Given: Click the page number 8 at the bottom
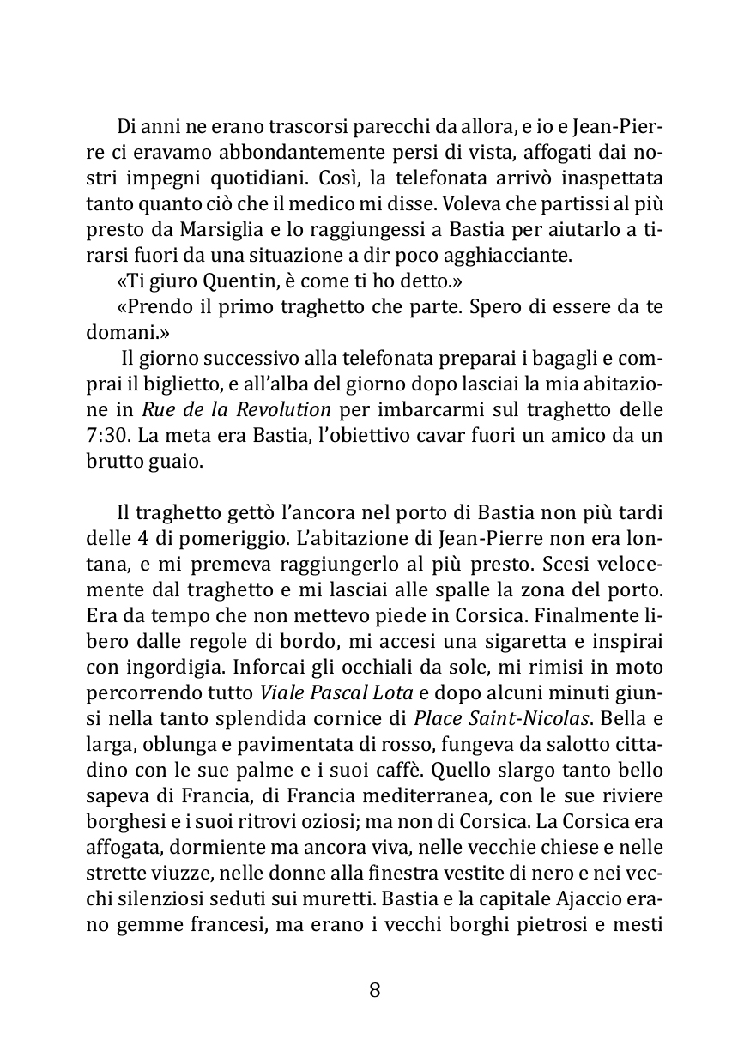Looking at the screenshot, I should pyautogui.click(x=374, y=990).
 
